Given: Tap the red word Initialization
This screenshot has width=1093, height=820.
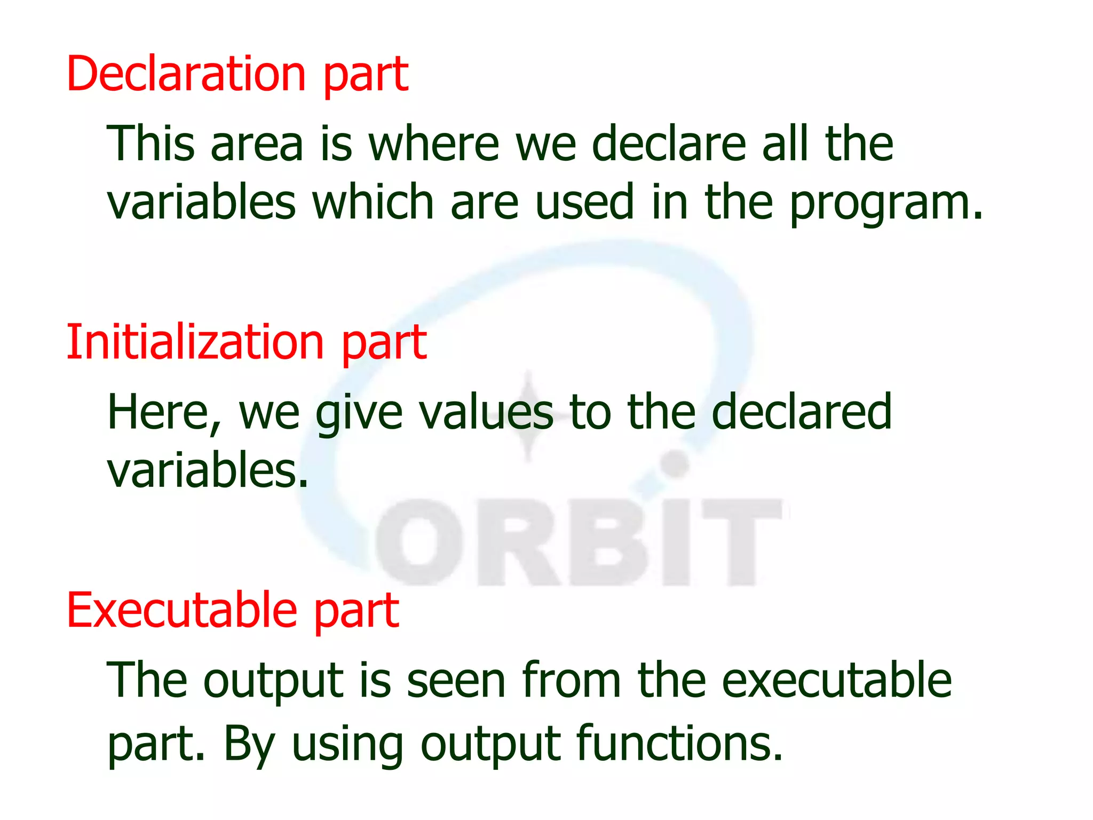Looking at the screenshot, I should pos(195,342).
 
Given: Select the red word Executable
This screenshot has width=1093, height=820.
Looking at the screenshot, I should pos(181,611).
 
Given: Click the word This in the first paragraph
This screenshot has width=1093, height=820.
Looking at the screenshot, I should pos(151,143).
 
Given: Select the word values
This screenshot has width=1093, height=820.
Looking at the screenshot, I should pos(486,412).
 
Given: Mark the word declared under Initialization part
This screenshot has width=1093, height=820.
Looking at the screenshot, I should pos(802,412).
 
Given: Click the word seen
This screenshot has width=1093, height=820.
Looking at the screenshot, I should pos(456,681).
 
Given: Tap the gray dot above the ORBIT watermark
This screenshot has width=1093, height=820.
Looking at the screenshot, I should pos(676,464).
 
